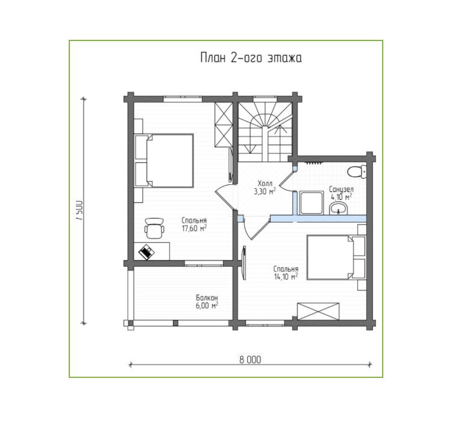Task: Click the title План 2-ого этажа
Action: click(x=251, y=58)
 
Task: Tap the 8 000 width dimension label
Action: click(x=250, y=359)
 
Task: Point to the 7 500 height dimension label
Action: click(x=80, y=210)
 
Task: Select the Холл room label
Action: click(x=265, y=184)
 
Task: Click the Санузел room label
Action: click(x=341, y=190)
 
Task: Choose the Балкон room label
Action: click(x=207, y=298)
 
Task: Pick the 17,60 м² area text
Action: click(x=194, y=228)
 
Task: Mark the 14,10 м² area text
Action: click(x=286, y=276)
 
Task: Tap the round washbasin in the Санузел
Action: click(x=339, y=208)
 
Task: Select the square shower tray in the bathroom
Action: click(x=311, y=203)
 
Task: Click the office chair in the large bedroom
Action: click(x=154, y=228)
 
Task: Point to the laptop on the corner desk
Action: click(x=146, y=252)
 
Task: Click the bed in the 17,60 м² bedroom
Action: click(x=164, y=161)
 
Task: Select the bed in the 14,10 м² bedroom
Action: click(x=336, y=257)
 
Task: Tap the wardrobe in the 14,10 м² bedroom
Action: click(x=318, y=312)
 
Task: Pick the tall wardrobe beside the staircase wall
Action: click(x=224, y=125)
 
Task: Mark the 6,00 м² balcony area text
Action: click(x=207, y=305)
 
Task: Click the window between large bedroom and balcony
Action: click(x=204, y=263)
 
